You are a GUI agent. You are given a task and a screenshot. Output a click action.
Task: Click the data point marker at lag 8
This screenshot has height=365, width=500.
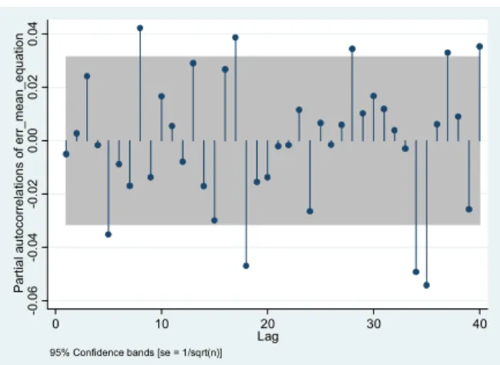pyautogui.click(x=140, y=28)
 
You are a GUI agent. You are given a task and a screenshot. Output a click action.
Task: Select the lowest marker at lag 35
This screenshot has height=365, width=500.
pyautogui.click(x=427, y=286)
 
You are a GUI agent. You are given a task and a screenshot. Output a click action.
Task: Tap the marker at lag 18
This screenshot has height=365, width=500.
pyautogui.click(x=246, y=265)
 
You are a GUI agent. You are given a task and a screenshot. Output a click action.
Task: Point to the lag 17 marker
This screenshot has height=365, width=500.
pyautogui.click(x=235, y=37)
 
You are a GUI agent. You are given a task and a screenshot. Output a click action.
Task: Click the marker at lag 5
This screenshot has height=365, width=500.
pyautogui.click(x=109, y=235)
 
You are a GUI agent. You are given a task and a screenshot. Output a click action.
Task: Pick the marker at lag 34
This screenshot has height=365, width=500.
pyautogui.click(x=416, y=272)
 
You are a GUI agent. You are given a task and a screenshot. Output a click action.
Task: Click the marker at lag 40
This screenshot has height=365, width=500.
pyautogui.click(x=480, y=46)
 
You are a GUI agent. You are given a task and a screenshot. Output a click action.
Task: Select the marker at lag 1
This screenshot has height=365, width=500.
pyautogui.click(x=66, y=154)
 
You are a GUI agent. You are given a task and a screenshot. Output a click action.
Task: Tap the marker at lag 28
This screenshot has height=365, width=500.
pyautogui.click(x=352, y=49)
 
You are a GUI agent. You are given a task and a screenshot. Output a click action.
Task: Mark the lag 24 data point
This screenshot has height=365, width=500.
pyautogui.click(x=310, y=211)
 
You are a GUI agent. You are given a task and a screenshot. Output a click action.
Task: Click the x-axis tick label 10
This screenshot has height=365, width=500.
pyautogui.click(x=162, y=324)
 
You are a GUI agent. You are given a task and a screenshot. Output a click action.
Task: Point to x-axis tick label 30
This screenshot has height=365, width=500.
pyautogui.click(x=374, y=324)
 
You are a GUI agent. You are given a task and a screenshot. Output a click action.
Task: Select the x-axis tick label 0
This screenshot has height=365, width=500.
pyautogui.click(x=55, y=324)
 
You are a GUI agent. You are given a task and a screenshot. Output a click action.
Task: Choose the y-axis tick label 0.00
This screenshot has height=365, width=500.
pyautogui.click(x=32, y=140)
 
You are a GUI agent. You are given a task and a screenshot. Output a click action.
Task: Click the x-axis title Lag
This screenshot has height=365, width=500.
pyautogui.click(x=268, y=336)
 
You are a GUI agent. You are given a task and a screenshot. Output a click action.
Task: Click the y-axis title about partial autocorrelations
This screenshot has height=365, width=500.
pyautogui.click(x=18, y=163)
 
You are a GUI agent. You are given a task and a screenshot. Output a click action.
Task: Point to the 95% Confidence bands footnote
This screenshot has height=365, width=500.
pyautogui.click(x=136, y=353)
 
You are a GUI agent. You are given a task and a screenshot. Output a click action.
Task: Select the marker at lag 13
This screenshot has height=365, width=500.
pyautogui.click(x=193, y=63)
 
